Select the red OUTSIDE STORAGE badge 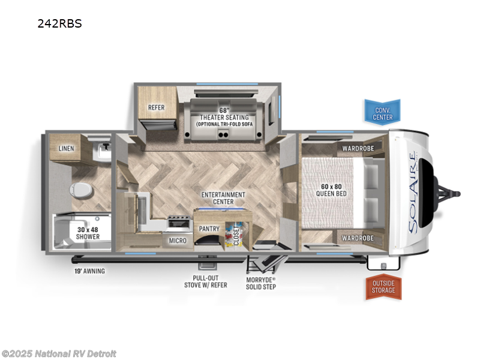382,286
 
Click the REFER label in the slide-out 157,108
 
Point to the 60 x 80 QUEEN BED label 334,190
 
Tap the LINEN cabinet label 67,148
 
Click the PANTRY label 209,229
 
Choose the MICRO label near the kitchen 178,241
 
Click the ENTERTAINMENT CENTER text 223,199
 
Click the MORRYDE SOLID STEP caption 261,283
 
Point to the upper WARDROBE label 358,148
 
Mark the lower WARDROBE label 358,238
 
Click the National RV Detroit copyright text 59,353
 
